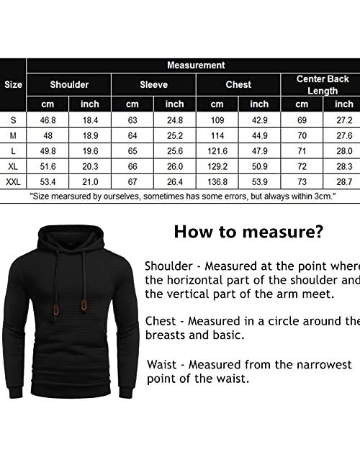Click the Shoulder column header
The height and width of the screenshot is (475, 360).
[x=69, y=84]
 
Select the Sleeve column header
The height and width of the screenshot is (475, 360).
[x=153, y=84]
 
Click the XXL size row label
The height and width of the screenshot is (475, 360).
[x=13, y=182]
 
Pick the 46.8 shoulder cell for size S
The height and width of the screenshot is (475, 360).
[x=48, y=119]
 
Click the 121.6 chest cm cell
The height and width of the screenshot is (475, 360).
[x=217, y=150]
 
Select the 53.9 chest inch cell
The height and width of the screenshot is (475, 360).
[x=259, y=182]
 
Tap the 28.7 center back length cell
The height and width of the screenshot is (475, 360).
[x=344, y=182]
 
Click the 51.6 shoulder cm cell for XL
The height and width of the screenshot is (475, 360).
[x=48, y=166]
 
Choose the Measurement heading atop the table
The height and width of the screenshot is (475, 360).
[x=196, y=65]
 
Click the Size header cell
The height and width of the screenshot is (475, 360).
[x=13, y=84]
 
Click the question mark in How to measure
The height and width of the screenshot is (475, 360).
[x=319, y=232]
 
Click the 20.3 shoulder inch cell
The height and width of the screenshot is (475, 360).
[x=90, y=166]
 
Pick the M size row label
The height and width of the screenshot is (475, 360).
[x=13, y=135]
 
